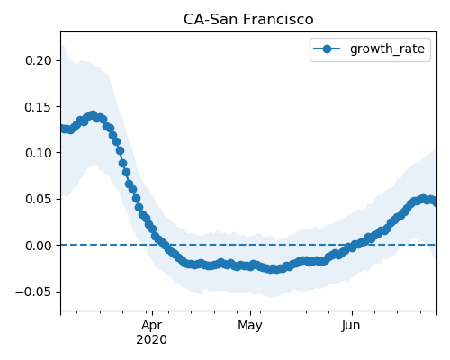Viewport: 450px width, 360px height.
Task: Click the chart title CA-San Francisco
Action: pos(248,20)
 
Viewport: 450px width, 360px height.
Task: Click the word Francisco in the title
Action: pos(278,20)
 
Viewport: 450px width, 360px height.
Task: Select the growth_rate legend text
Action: pos(387,49)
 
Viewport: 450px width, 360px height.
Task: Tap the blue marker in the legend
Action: pos(327,49)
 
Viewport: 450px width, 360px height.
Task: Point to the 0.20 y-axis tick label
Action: pos(39,60)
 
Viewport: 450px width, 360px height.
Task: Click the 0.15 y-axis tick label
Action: pos(39,107)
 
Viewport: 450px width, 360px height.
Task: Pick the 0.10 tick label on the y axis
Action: pos(39,153)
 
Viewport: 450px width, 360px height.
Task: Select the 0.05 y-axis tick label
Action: pos(39,200)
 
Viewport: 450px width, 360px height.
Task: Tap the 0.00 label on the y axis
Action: pos(39,246)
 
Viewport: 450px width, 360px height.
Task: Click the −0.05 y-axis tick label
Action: pos(34,292)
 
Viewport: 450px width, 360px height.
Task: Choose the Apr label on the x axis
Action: pos(152,326)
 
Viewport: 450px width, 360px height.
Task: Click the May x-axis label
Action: pos(250,326)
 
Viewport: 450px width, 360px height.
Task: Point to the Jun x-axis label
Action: pos(351,326)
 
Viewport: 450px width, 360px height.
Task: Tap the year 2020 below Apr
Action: pos(152,340)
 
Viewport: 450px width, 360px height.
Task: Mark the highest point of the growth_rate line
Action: pos(94,115)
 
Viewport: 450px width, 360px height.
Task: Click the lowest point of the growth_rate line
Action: pos(272,269)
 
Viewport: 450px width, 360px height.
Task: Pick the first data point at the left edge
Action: pos(62,129)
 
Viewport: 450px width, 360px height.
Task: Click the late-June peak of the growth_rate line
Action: pos(423,199)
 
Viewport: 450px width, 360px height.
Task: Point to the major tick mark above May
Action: pos(251,313)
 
